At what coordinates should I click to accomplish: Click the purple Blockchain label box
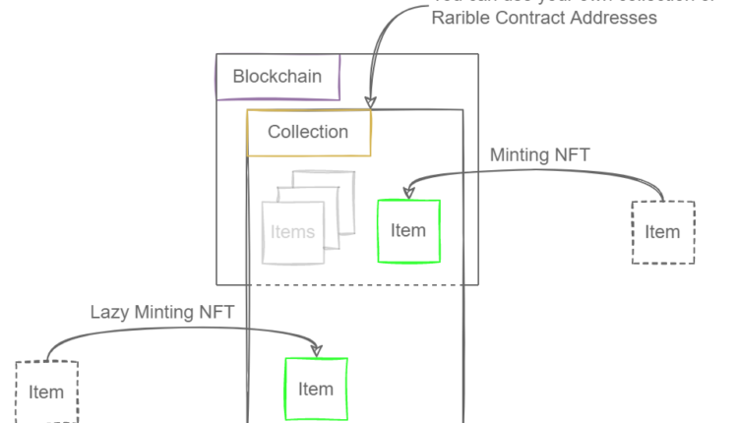tap(277, 76)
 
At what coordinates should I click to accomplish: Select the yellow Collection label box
tap(308, 132)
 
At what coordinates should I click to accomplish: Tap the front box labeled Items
tap(292, 233)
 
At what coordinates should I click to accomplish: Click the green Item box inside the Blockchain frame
tap(408, 231)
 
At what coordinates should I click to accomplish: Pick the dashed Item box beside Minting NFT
tap(662, 232)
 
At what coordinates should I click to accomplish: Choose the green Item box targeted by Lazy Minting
tap(316, 389)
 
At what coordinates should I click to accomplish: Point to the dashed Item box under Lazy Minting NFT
tap(46, 393)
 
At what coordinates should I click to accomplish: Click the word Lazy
tap(110, 313)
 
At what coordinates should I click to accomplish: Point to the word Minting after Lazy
tap(167, 313)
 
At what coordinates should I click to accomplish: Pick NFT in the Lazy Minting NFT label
tap(217, 313)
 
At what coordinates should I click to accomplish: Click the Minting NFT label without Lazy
tap(539, 154)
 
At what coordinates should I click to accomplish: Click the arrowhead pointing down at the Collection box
tap(370, 101)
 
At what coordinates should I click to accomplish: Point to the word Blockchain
tap(277, 76)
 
